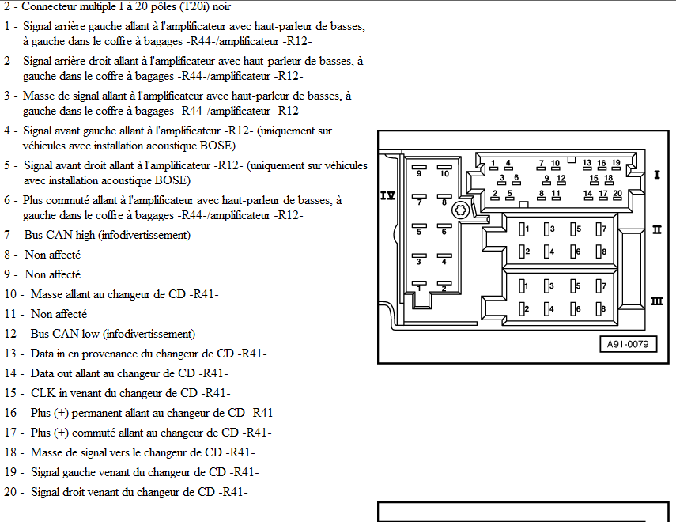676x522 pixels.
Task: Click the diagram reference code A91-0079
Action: [x=628, y=344]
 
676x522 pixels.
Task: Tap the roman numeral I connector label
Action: [x=657, y=175]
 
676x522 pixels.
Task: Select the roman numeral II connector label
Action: [x=657, y=230]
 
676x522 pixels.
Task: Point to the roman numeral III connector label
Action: [x=656, y=301]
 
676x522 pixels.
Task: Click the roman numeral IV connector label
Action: [x=387, y=196]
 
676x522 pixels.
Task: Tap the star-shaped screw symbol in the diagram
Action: [x=460, y=210]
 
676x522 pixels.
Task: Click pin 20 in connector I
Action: [x=617, y=195]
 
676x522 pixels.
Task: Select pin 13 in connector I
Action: [x=587, y=165]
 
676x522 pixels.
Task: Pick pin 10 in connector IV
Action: [x=444, y=171]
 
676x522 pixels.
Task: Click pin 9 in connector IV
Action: [x=419, y=171]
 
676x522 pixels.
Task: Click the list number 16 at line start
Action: [x=10, y=414]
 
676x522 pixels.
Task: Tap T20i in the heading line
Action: [x=194, y=7]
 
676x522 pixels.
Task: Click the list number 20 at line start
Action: [x=10, y=492]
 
